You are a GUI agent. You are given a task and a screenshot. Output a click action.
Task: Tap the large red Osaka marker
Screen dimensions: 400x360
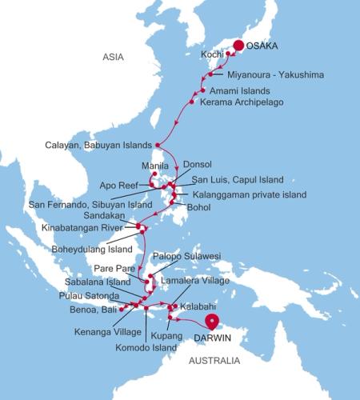coord(238,46)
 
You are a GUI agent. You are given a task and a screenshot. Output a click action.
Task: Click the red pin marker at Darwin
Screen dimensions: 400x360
coord(212,322)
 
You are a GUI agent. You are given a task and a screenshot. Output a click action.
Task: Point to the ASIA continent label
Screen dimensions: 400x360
coord(116,57)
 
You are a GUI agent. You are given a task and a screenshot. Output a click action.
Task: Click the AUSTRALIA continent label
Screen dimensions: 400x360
coord(213,362)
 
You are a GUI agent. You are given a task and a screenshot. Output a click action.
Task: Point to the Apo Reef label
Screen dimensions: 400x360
coord(116,182)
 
